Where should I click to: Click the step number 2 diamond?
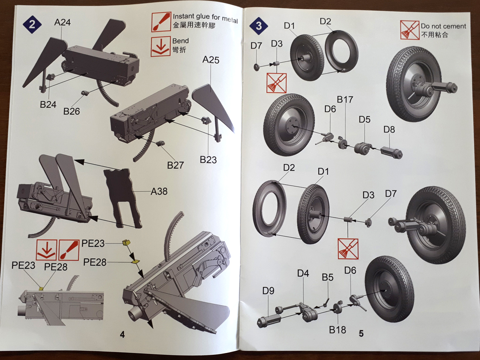pyautogui.click(x=32, y=24)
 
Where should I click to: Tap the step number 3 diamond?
pyautogui.click(x=259, y=26)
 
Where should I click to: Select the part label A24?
pyautogui.click(x=62, y=22)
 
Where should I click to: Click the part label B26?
pyautogui.click(x=72, y=111)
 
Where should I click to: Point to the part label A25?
pyautogui.click(x=211, y=60)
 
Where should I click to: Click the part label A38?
pyautogui.click(x=159, y=191)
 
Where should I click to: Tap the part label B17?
pyautogui.click(x=345, y=99)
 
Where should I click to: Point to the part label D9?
pyautogui.click(x=268, y=291)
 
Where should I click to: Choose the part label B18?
pyautogui.click(x=337, y=330)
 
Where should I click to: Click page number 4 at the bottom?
pyautogui.click(x=122, y=334)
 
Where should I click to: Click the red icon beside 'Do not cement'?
pyautogui.click(x=409, y=30)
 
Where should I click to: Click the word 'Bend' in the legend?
pyautogui.click(x=180, y=41)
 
